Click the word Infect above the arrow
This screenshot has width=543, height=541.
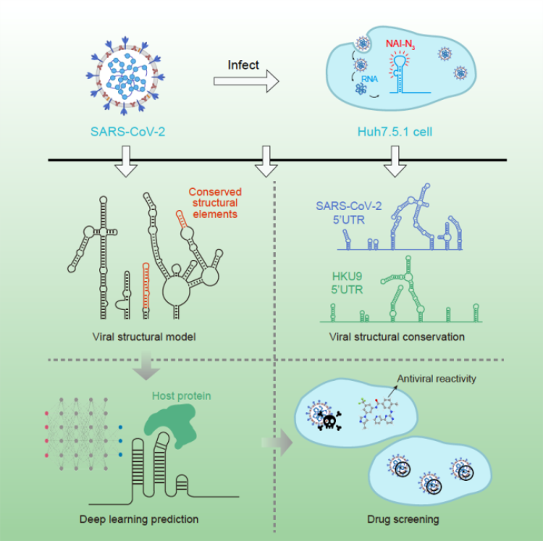click(243, 64)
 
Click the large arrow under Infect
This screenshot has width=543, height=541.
click(246, 81)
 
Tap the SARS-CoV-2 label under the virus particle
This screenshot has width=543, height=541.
click(127, 132)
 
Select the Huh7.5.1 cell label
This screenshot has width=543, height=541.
click(395, 132)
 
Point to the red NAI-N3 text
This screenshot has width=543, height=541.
click(400, 44)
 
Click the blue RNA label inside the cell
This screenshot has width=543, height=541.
click(369, 79)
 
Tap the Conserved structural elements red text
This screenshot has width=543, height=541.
click(215, 203)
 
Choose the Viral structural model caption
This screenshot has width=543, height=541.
click(144, 337)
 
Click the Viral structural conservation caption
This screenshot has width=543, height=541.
click(397, 337)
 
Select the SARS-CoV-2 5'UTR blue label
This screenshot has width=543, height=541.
click(349, 213)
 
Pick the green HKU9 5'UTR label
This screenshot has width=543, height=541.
click(347, 283)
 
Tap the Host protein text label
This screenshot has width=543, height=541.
click(182, 396)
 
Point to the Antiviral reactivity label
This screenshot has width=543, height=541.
click(437, 379)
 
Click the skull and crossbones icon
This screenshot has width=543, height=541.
click(329, 422)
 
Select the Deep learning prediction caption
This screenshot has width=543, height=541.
click(139, 519)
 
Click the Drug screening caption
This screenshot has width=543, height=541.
click(403, 519)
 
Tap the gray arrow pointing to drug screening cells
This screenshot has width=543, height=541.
click(277, 443)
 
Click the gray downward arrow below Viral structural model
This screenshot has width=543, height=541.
click(146, 366)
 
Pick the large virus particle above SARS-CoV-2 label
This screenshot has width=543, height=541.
click(125, 75)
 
